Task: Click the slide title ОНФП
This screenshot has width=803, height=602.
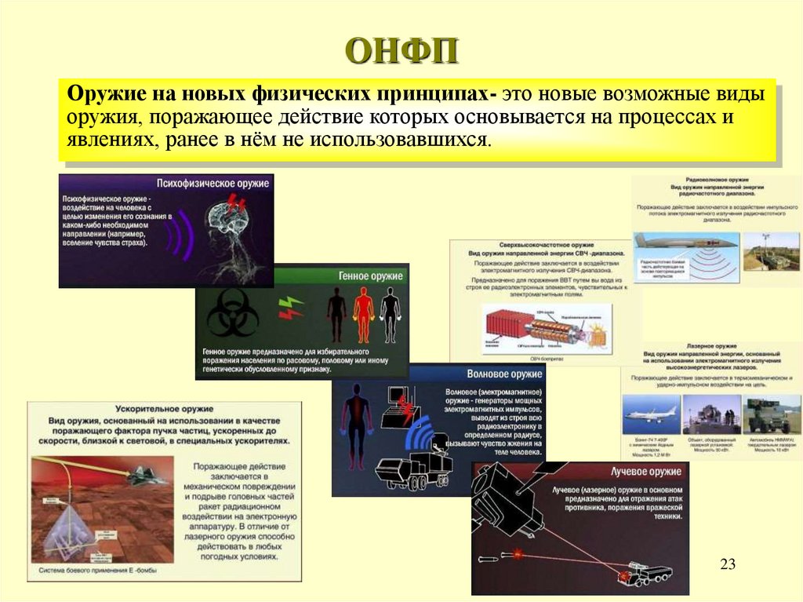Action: click(401, 53)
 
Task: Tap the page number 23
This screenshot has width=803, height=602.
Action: click(728, 564)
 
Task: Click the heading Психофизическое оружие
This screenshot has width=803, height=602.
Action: click(213, 183)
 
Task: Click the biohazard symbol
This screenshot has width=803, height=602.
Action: click(233, 313)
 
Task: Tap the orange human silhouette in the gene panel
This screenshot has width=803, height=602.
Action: click(363, 313)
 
